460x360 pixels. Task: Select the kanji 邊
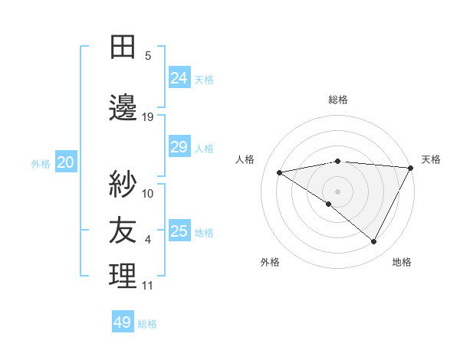pos(123,108)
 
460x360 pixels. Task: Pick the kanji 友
pos(123,230)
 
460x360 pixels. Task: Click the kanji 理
pos(123,277)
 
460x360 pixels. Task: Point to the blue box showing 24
pos(179,77)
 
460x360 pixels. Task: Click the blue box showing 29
pos(179,147)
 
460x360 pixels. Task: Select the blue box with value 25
pos(179,231)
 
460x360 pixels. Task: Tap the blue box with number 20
pos(66,162)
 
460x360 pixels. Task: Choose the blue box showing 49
pos(123,322)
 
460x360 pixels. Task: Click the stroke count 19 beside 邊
pos(148,116)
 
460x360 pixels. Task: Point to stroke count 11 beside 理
pos(148,286)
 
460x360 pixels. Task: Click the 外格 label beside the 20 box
pos(41,163)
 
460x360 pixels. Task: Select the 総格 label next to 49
pos(148,324)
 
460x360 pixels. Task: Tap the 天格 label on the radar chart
pos(431,159)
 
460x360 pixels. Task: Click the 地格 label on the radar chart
pos(402,262)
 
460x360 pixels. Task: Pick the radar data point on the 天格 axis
pos(412,167)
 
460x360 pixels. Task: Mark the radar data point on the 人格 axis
pos(280,172)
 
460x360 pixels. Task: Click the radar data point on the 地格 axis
pos(374,242)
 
